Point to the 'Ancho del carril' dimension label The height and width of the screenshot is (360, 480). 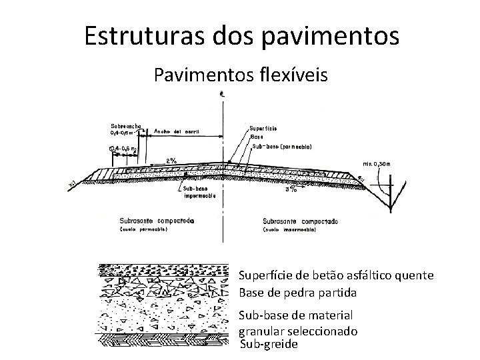pyautogui.click(x=177, y=131)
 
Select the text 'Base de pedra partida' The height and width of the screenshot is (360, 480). pyautogui.click(x=297, y=293)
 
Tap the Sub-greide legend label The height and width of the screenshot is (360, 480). pyautogui.click(x=268, y=344)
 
